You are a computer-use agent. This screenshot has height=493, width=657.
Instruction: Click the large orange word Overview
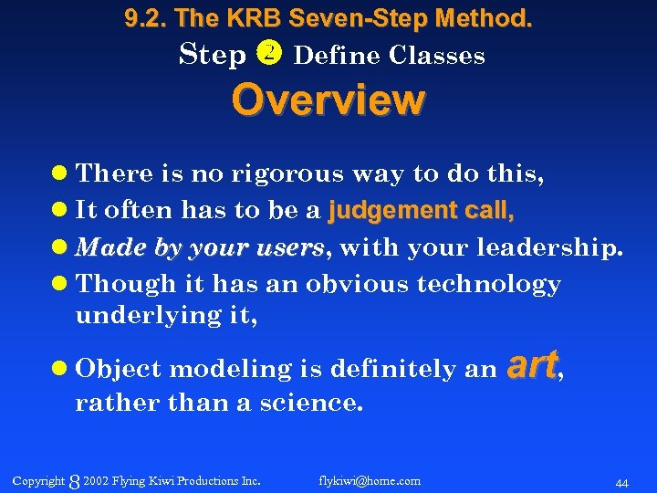point(328,100)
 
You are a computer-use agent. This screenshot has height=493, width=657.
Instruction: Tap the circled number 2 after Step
point(271,55)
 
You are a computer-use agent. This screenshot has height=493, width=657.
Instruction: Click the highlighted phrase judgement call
point(422,211)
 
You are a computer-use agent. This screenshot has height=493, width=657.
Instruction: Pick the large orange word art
point(531,365)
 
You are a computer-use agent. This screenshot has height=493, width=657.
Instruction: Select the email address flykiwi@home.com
point(370,480)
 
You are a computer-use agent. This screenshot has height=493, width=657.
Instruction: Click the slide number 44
point(621,481)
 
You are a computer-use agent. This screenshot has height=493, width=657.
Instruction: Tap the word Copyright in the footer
point(38,480)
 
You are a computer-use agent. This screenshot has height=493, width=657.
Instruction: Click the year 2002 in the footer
point(96,480)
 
